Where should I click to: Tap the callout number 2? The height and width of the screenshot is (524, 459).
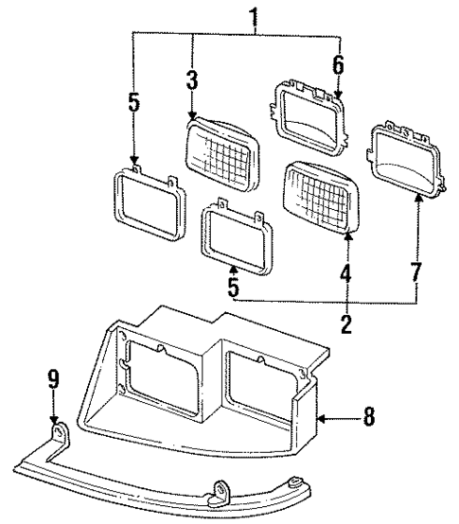point(346,325)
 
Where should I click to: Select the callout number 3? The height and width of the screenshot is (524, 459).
point(192,81)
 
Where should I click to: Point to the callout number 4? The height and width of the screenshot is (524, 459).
point(346,277)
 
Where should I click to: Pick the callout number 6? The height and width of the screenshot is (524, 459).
point(338,66)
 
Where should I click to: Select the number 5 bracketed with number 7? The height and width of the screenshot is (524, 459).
point(232,283)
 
